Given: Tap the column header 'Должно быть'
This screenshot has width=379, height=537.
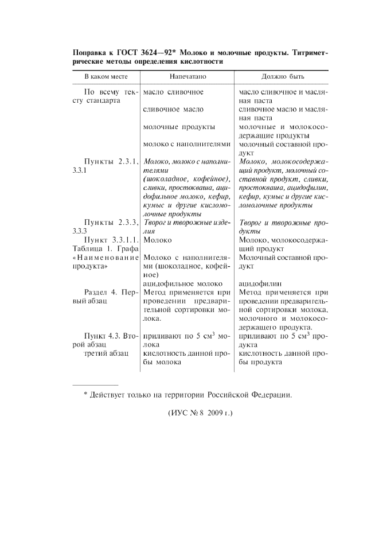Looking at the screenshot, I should tap(283, 76).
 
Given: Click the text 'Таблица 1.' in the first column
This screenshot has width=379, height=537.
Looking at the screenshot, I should tap(88, 248).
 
